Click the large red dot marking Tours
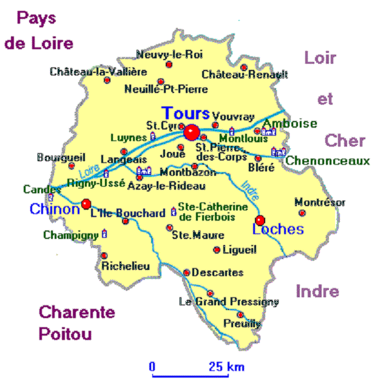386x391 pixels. click(192, 132)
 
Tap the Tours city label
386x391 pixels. click(186, 114)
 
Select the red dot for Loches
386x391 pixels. click(260, 220)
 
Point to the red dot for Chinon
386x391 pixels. click(86, 204)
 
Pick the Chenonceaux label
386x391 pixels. click(328, 161)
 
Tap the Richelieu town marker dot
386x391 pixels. click(104, 255)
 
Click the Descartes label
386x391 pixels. click(217, 273)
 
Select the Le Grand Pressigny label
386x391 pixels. click(229, 302)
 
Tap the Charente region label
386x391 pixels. click(77, 313)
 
